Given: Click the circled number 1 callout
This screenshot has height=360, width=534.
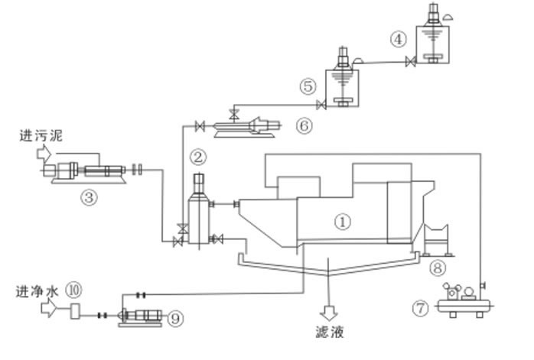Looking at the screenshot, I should tap(344, 222).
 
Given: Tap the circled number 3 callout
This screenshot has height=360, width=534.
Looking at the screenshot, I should tap(89, 197).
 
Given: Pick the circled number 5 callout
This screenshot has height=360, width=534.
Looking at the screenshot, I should tap(308, 86).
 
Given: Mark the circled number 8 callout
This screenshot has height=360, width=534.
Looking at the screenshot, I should tap(437, 267).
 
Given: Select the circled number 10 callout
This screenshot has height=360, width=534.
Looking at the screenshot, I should tap(74, 290).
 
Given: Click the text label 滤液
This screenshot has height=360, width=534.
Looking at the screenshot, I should tap(330, 332).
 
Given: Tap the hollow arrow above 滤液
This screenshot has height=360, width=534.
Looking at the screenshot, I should tap(330, 313).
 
